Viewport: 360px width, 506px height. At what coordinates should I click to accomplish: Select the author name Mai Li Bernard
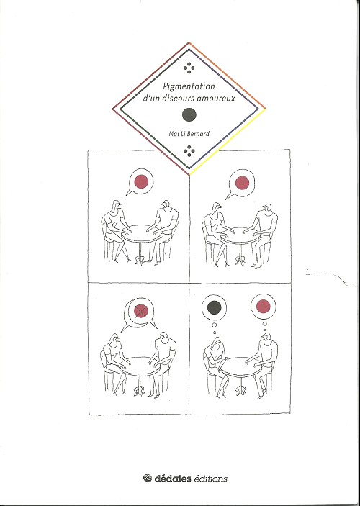click(189, 134)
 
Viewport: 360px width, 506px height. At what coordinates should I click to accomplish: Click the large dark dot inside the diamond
click(189, 114)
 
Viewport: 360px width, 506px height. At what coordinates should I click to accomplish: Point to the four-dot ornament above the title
click(189, 68)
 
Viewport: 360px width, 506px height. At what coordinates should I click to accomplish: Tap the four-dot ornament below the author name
click(189, 150)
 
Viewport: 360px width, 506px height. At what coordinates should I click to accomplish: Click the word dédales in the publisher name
click(173, 478)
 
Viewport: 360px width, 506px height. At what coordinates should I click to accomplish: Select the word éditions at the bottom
click(210, 479)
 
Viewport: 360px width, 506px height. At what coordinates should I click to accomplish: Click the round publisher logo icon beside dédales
click(148, 478)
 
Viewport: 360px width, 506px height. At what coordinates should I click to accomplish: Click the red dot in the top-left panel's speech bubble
click(141, 181)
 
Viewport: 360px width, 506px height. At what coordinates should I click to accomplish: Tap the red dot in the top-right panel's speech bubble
click(242, 183)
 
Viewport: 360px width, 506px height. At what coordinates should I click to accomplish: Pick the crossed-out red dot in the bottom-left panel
click(141, 311)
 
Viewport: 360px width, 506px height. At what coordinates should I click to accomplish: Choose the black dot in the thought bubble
click(214, 307)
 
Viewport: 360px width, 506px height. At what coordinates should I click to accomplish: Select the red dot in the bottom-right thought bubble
click(263, 306)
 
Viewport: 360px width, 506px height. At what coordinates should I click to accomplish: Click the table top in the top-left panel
click(141, 232)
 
